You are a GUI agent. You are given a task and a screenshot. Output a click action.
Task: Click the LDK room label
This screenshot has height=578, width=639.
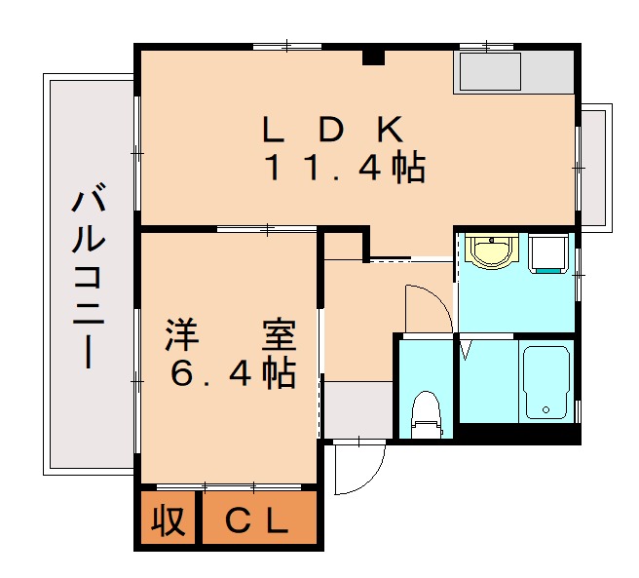pos(332,130)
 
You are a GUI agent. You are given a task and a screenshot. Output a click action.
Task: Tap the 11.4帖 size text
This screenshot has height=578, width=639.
pos(346,169)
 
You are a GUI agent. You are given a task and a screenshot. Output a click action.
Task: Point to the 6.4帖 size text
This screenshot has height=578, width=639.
pos(233,373)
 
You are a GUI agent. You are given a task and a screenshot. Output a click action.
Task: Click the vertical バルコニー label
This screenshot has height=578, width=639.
pos(89,278)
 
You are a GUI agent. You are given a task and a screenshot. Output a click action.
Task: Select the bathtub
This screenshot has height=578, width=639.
pos(546,381)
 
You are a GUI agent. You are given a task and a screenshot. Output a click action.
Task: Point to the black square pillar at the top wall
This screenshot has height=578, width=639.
pos(372,57)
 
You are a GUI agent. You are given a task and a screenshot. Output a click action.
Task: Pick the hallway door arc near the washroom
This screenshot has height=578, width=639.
pos(429,308)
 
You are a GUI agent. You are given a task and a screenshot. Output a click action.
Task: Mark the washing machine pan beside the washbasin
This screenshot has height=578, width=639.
pos(548,254)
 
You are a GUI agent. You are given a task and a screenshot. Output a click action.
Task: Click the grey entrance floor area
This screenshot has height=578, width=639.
pos(357,409)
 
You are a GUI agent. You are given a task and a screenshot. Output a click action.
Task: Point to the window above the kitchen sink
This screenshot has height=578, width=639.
pos(486,46)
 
